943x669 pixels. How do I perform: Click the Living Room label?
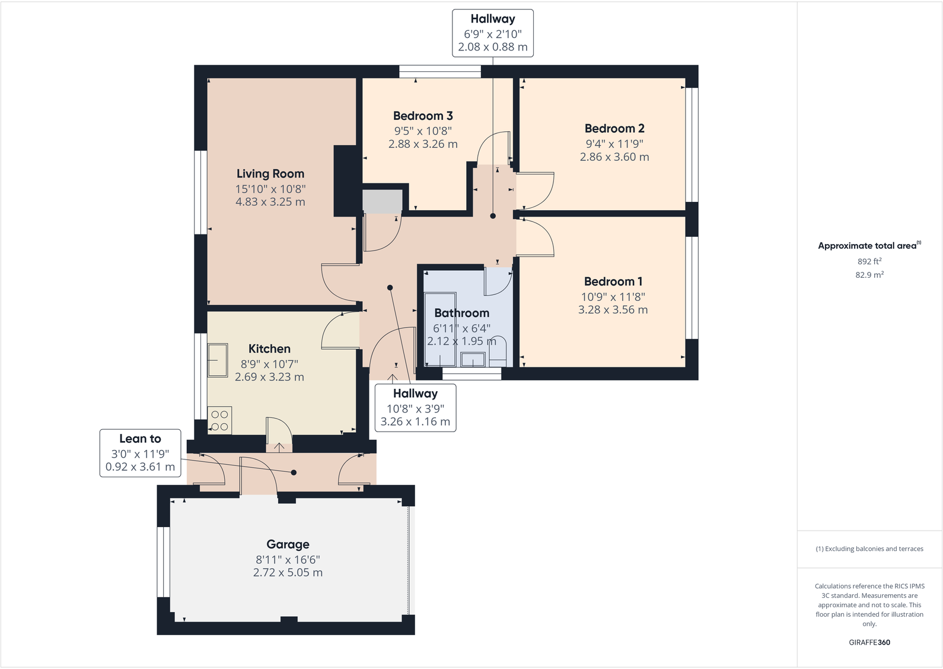pyautogui.click(x=270, y=174)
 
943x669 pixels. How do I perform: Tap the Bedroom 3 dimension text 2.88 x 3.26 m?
pyautogui.click(x=423, y=144)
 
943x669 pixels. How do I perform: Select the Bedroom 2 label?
pyautogui.click(x=614, y=129)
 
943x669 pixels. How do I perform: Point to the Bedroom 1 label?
pyautogui.click(x=613, y=282)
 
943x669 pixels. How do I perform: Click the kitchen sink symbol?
pyautogui.click(x=218, y=360)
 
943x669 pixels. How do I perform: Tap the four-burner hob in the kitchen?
pyautogui.click(x=219, y=420)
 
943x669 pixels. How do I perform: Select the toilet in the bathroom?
pyautogui.click(x=498, y=351)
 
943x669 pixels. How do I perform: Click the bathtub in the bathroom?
pyautogui.click(x=439, y=329)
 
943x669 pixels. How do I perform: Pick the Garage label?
pyautogui.click(x=288, y=544)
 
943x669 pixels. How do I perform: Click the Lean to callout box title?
pyautogui.click(x=140, y=439)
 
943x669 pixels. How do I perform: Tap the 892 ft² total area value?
pyautogui.click(x=869, y=261)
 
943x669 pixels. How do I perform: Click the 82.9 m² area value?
pyautogui.click(x=869, y=275)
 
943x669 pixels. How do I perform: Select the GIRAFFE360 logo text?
pyautogui.click(x=869, y=642)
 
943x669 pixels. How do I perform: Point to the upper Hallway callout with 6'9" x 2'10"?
pyautogui.click(x=492, y=33)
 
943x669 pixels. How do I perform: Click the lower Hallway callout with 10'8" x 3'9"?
pyautogui.click(x=415, y=408)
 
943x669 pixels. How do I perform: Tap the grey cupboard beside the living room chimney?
pyautogui.click(x=383, y=201)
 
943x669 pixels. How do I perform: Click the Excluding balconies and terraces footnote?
pyautogui.click(x=869, y=549)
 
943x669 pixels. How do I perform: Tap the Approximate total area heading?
pyautogui.click(x=868, y=246)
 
